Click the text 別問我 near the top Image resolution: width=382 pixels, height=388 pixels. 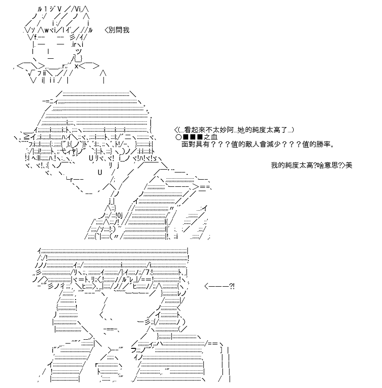pyautogui.click(x=119, y=30)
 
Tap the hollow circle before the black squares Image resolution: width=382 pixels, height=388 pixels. pyautogui.click(x=178, y=137)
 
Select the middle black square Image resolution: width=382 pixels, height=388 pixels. pyautogui.click(x=192, y=137)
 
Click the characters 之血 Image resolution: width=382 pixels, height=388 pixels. pyautogui.click(x=211, y=137)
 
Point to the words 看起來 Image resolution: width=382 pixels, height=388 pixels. pyautogui.click(x=194, y=130)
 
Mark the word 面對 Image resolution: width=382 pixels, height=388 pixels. pyautogui.click(x=189, y=144)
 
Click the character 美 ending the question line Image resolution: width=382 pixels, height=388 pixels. pyautogui.click(x=349, y=165)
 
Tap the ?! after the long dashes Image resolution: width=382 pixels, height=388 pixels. pyautogui.click(x=232, y=287)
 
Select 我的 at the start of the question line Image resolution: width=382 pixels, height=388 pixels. pyautogui.click(x=278, y=165)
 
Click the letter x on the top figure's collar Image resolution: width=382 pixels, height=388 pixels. pyautogui.click(x=76, y=66)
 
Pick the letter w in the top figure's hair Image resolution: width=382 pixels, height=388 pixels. pyautogui.click(x=47, y=31)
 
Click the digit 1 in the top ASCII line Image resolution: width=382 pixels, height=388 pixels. pyautogui.click(x=46, y=9)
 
